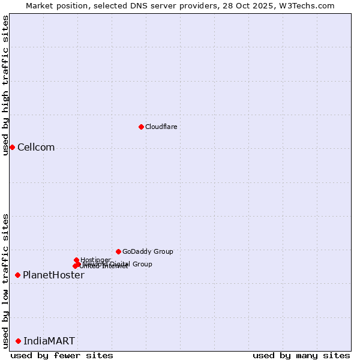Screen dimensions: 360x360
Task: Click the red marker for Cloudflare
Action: click(141, 127)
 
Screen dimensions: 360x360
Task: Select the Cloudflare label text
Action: click(161, 127)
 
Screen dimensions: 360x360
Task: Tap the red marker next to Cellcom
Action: click(12, 147)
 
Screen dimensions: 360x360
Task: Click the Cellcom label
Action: click(36, 148)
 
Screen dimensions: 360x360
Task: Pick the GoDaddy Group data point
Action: click(118, 251)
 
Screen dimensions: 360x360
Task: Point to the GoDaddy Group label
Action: click(148, 251)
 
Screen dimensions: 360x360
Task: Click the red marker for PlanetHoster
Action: click(17, 275)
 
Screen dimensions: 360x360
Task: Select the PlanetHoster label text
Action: click(53, 275)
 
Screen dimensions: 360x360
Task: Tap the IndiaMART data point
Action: click(18, 341)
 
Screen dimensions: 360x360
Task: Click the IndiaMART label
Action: click(49, 341)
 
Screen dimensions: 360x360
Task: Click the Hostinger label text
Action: click(95, 260)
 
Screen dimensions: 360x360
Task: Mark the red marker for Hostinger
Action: click(76, 260)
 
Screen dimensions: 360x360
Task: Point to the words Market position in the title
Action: click(55, 5)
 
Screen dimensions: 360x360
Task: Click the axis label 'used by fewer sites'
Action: click(62, 355)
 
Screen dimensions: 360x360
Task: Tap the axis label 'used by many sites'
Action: click(301, 355)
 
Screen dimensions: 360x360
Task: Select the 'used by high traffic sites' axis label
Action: click(5, 85)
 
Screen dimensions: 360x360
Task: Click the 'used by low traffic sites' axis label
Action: click(5, 280)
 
